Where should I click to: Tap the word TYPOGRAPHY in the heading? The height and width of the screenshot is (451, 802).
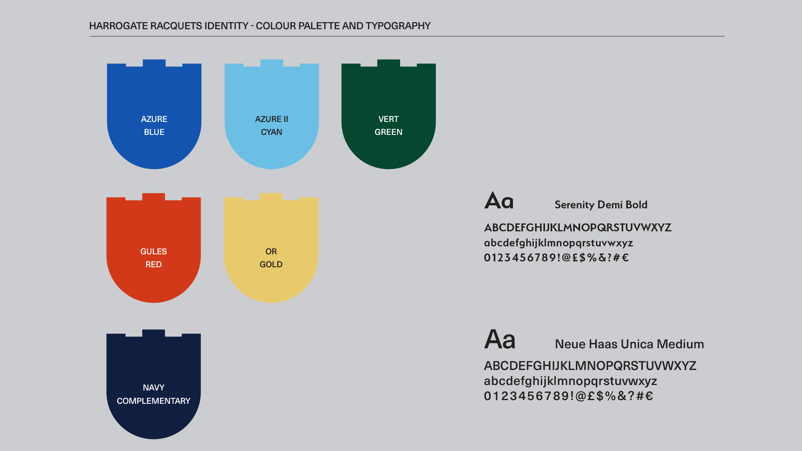pyautogui.click(x=398, y=26)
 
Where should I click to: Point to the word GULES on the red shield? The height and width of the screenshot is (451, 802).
pyautogui.click(x=153, y=251)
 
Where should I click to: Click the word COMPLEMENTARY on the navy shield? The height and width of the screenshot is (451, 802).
pyautogui.click(x=153, y=401)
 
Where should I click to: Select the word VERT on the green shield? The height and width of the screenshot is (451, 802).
pyautogui.click(x=388, y=119)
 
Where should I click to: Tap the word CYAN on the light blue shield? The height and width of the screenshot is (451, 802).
pyautogui.click(x=272, y=132)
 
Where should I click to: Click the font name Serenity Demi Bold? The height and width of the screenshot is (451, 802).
pyautogui.click(x=601, y=205)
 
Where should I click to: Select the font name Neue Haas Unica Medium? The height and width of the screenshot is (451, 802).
pyautogui.click(x=629, y=344)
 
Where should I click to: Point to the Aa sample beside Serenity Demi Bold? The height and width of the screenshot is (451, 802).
pyautogui.click(x=499, y=200)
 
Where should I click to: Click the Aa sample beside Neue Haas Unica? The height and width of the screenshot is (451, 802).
pyautogui.click(x=500, y=339)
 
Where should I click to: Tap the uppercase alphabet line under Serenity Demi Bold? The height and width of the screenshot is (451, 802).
pyautogui.click(x=578, y=228)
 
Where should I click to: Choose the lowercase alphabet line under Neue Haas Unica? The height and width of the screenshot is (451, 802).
pyautogui.click(x=571, y=381)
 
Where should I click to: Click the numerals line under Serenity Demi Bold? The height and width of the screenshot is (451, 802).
pyautogui.click(x=556, y=258)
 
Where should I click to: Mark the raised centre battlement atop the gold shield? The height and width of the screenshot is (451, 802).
pyautogui.click(x=271, y=196)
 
